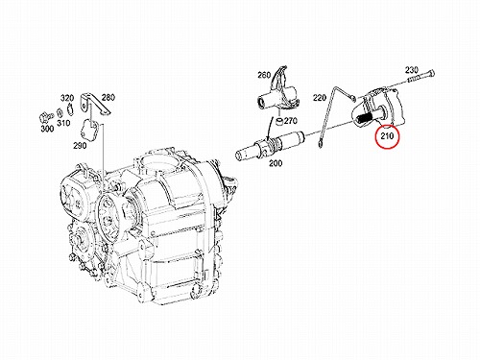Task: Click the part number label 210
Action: pyautogui.click(x=387, y=136)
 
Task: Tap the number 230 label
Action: pyautogui.click(x=412, y=70)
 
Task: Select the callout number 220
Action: pyautogui.click(x=320, y=98)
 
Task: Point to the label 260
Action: pyautogui.click(x=264, y=75)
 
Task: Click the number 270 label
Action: pyautogui.click(x=291, y=121)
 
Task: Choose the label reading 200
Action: pyautogui.click(x=276, y=163)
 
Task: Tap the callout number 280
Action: pyautogui.click(x=108, y=97)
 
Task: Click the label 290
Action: pyautogui.click(x=80, y=146)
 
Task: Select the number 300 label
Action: pyautogui.click(x=47, y=129)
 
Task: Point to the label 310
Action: pyautogui.click(x=63, y=123)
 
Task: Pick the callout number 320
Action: pyautogui.click(x=67, y=98)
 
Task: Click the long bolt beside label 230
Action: pyautogui.click(x=420, y=77)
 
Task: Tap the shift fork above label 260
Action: pyautogui.click(x=279, y=94)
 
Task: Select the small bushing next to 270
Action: pyautogui.click(x=279, y=122)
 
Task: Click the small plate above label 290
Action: pyautogui.click(x=90, y=129)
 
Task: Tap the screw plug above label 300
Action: pyautogui.click(x=46, y=116)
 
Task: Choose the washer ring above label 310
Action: pyautogui.click(x=60, y=112)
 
